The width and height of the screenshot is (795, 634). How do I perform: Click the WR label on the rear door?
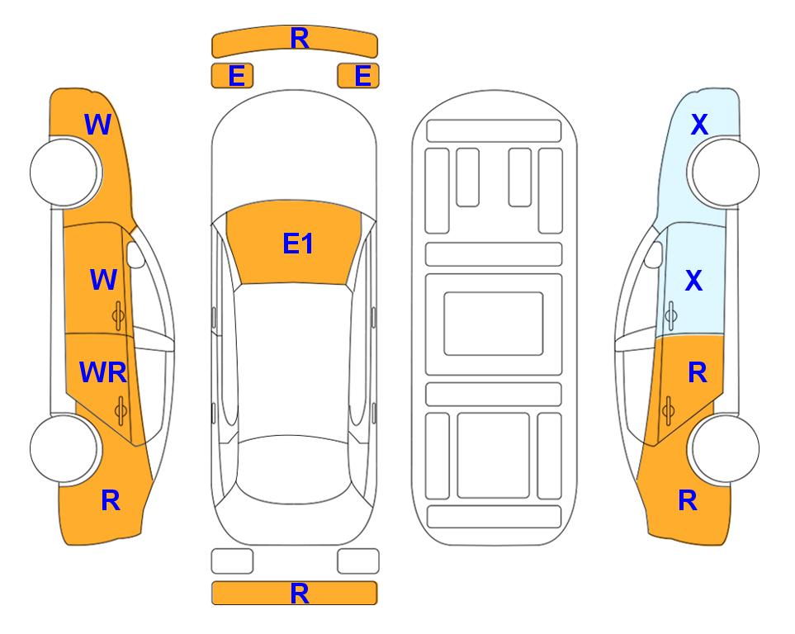[103, 372]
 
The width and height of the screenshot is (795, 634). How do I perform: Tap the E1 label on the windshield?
[298, 244]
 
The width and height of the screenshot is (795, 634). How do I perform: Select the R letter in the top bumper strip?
[300, 39]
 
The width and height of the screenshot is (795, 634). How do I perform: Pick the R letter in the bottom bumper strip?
[300, 594]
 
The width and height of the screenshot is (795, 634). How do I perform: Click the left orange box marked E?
[232, 76]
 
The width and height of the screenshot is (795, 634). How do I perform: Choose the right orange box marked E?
[358, 76]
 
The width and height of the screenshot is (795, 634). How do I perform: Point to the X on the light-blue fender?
[699, 125]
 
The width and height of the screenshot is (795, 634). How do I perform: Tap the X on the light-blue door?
[693, 280]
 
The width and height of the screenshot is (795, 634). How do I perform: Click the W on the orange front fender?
[97, 125]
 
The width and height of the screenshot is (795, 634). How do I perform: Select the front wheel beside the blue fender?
[723, 173]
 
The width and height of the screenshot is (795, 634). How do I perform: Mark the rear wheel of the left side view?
[65, 448]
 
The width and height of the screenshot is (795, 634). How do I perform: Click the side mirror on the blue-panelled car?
[654, 254]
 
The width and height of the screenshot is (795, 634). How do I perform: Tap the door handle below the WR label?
[121, 410]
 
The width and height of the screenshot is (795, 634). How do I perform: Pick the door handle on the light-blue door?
[671, 315]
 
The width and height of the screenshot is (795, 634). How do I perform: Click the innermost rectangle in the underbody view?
[494, 324]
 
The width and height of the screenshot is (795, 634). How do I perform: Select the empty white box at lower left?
[232, 561]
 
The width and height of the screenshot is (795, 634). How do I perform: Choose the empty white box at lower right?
[358, 561]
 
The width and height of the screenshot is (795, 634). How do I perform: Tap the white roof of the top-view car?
[293, 360]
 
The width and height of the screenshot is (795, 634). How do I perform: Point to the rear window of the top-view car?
[294, 469]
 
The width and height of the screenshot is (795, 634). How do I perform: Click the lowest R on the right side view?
[688, 500]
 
